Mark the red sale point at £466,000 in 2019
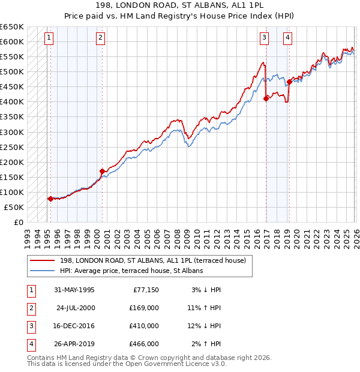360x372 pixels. tap(289, 82)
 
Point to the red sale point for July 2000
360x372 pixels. tap(102, 171)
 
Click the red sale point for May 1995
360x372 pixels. tap(50, 199)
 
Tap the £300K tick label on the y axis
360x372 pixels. tap(12, 132)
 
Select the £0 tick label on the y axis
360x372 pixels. tap(18, 222)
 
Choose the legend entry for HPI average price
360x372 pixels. tap(131, 271)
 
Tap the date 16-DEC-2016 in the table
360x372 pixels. tap(74, 326)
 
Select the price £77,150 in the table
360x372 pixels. tap(145, 290)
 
